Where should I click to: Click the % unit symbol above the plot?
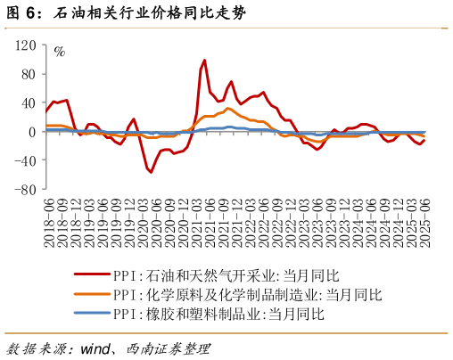point(60,51)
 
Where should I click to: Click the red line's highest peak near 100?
point(204,61)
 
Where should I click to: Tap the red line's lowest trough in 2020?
point(151,172)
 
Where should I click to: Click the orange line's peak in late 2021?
point(228,109)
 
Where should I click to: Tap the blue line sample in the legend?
point(91,314)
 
